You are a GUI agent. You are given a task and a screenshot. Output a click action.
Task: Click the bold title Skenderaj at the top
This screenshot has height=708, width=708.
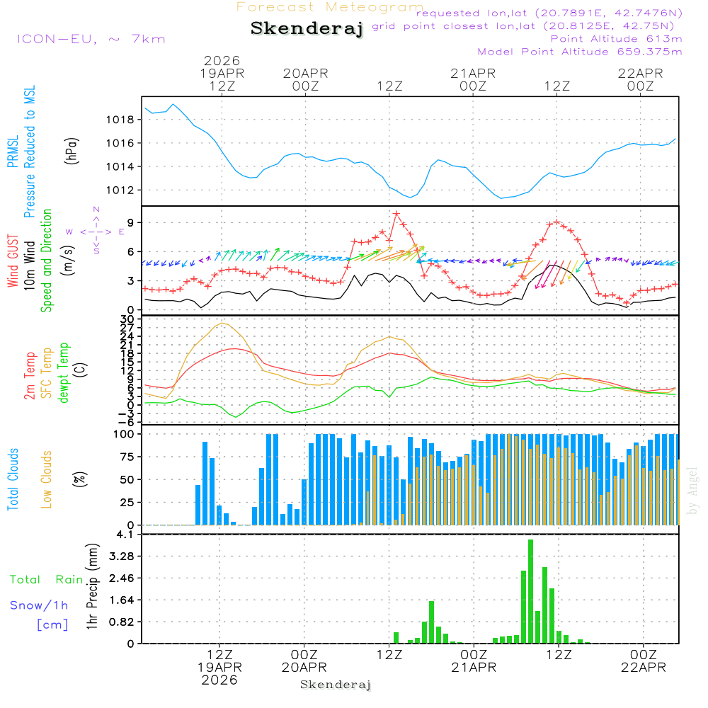pyautogui.click(x=307, y=29)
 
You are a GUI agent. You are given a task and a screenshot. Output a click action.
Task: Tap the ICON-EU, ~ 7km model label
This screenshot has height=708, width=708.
pyautogui.click(x=91, y=39)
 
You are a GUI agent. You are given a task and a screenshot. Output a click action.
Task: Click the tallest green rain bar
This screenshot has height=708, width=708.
pyautogui.click(x=530, y=591)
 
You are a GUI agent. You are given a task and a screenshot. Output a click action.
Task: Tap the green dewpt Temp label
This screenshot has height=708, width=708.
pyautogui.click(x=64, y=373)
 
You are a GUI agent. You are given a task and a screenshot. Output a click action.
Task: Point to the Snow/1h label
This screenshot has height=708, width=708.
pyautogui.click(x=40, y=605)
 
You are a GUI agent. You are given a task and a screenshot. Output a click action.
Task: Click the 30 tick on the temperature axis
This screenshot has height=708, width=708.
pyautogui.click(x=127, y=319)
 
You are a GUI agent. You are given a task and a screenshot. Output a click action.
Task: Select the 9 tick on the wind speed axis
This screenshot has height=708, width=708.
pyautogui.click(x=130, y=222)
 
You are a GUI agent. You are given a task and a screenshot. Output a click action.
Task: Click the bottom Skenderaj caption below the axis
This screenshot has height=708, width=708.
pyautogui.click(x=336, y=685)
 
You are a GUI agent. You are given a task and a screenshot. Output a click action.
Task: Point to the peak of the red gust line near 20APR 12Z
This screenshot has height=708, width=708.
pyautogui.click(x=396, y=213)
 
